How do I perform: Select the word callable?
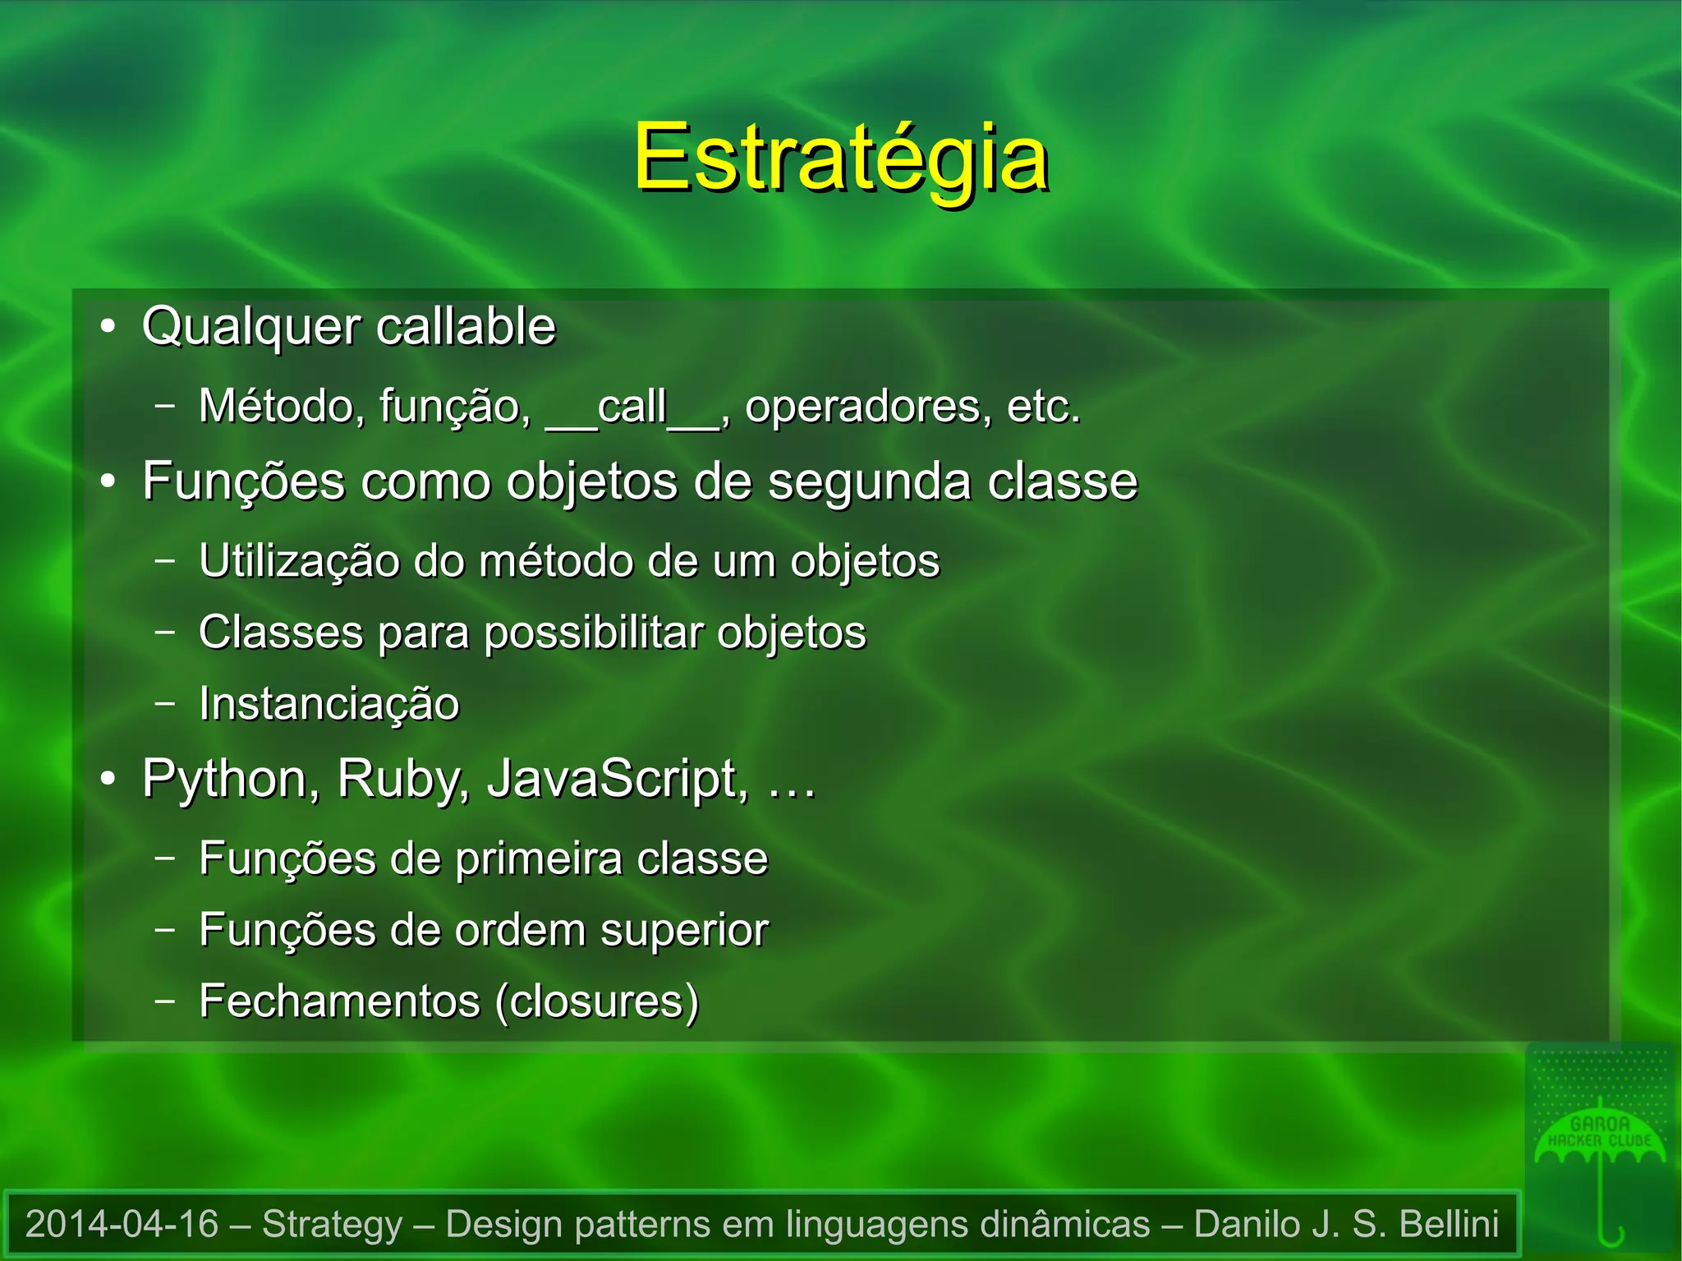tap(466, 326)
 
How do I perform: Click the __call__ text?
tap(633, 407)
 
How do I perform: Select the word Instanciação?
tap(329, 705)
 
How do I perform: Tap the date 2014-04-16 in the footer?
tap(122, 1224)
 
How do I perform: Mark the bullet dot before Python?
tap(108, 780)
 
